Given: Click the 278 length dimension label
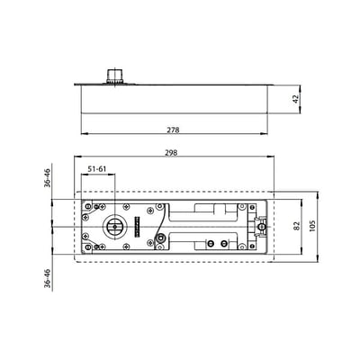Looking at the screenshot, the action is pos(173,130).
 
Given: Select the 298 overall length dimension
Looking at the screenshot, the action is pos(171,153).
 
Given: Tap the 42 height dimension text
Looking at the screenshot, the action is pos(296,99).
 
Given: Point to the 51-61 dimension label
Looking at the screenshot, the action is pos(97,169).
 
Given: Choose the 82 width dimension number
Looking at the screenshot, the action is pos(296,227).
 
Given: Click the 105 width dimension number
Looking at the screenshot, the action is pos(312,227).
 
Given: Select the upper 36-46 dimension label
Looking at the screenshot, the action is pos(48,178).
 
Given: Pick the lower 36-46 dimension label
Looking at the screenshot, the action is pos(48,278).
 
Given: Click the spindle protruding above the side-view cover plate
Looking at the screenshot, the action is pos(115,76).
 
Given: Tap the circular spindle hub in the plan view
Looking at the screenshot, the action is pos(114,227).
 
